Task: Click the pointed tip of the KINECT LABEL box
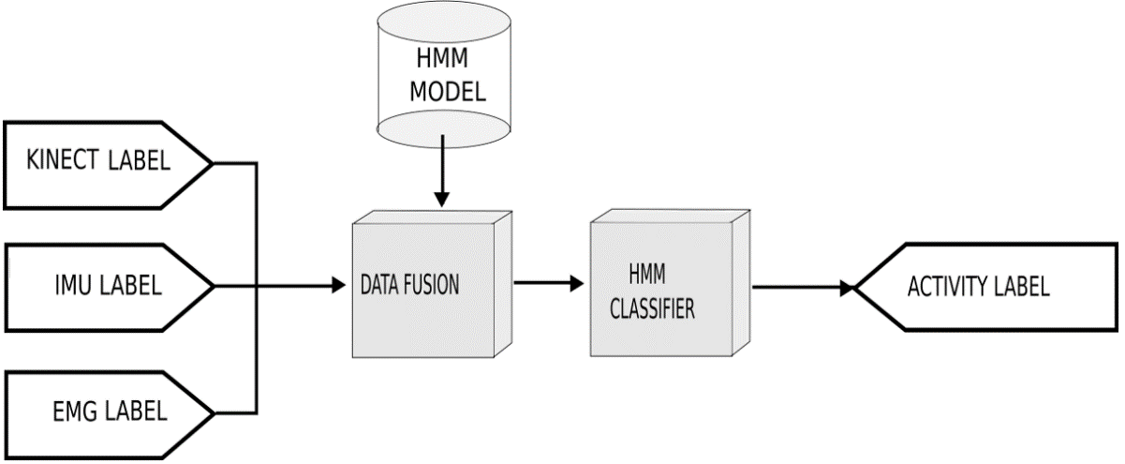coord(213,162)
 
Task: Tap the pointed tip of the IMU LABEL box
coord(213,284)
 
